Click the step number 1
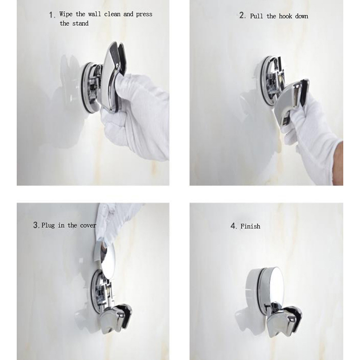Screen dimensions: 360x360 pos(52,15)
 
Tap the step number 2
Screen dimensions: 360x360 pos(242,15)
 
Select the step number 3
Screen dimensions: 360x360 pos(36,225)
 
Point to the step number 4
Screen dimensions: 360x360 pos(234,226)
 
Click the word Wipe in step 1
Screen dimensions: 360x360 pos(66,14)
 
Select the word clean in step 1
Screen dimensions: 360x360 pos(112,14)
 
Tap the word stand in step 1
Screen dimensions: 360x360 pos(81,23)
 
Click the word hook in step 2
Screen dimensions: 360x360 pos(285,16)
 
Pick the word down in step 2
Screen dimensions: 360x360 pos(301,16)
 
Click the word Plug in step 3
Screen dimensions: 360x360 pos(48,225)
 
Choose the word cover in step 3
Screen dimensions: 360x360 pos(88,225)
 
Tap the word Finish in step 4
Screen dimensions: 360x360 pos(250,226)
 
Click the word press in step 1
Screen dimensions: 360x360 pos(144,14)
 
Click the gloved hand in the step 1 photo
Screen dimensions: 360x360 pos(135,115)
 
